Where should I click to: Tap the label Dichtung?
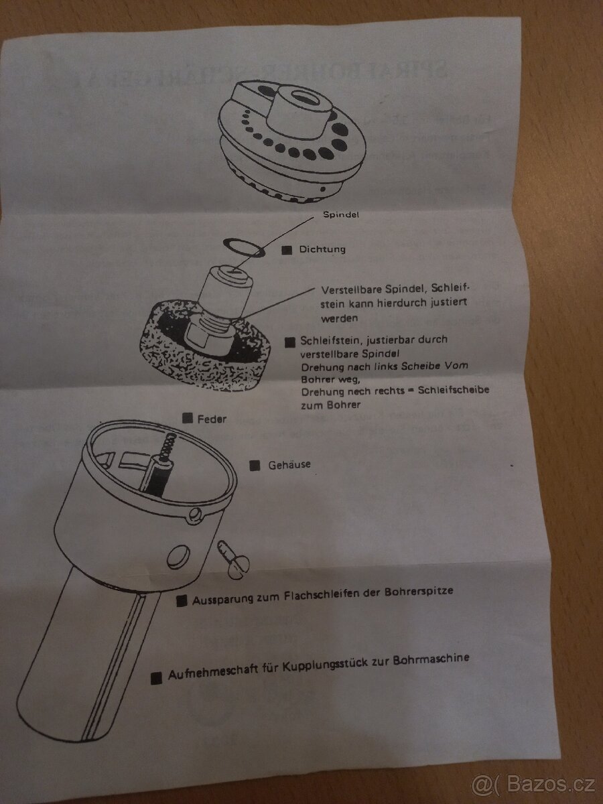point(322,250)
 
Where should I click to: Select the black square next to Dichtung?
point(287,251)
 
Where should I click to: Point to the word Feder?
point(212,419)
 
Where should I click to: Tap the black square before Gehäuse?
point(255,466)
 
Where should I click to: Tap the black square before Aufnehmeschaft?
point(157,678)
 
